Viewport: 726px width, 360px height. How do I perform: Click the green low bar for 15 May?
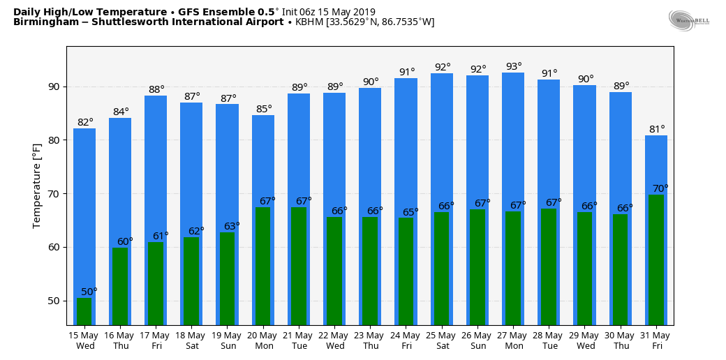click(84, 311)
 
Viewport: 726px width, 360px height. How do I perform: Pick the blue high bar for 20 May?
click(263, 160)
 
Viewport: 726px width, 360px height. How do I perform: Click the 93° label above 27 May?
click(514, 67)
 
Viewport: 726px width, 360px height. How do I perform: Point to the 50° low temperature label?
click(89, 292)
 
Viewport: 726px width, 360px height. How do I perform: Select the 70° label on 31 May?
click(660, 188)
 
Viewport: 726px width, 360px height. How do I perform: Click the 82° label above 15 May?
click(85, 122)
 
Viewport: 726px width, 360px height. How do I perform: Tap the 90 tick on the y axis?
click(53, 87)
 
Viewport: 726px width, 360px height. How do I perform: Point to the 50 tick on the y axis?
click(53, 301)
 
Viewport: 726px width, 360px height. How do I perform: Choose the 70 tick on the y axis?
click(53, 194)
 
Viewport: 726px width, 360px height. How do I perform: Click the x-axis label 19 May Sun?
click(228, 340)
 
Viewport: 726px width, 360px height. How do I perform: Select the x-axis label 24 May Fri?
click(406, 340)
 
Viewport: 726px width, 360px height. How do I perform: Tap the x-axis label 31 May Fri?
click(656, 340)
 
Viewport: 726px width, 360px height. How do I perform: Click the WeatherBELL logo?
click(688, 20)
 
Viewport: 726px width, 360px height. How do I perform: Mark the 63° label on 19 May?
click(232, 226)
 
